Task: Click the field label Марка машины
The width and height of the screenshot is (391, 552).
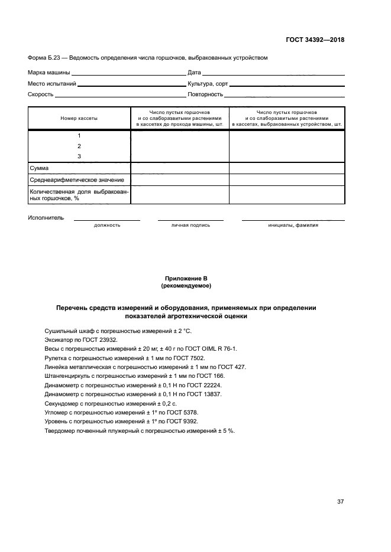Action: tap(49, 73)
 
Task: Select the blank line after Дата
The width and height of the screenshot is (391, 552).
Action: tap(273, 73)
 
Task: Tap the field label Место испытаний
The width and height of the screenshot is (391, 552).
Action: tap(52, 84)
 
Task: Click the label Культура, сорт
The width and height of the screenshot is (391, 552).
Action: tap(208, 84)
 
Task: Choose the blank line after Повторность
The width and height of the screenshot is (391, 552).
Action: tap(285, 95)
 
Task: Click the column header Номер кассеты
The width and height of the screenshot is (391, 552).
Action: tap(79, 118)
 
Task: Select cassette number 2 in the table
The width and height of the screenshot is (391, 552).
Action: tap(79, 146)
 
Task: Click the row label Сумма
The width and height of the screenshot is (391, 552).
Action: tap(39, 168)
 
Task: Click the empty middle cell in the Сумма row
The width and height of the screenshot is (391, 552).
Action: tap(179, 168)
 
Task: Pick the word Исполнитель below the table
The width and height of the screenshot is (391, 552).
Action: tap(46, 218)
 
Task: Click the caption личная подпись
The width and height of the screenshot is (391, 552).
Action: tap(190, 225)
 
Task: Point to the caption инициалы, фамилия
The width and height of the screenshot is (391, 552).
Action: tap(293, 225)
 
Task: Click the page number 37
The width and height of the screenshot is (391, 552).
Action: tap(340, 502)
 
